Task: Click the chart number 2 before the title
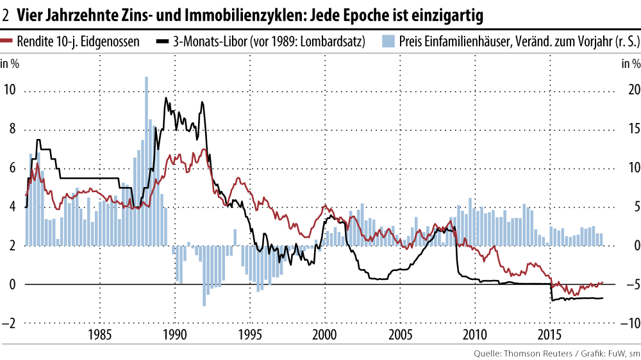click(6, 13)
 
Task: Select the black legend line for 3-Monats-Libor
click(163, 42)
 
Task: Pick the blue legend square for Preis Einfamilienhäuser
click(388, 42)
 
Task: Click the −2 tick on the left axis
click(10, 323)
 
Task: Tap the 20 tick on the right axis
click(633, 90)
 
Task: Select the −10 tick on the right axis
click(629, 323)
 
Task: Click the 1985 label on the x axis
click(99, 334)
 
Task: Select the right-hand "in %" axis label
click(631, 63)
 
